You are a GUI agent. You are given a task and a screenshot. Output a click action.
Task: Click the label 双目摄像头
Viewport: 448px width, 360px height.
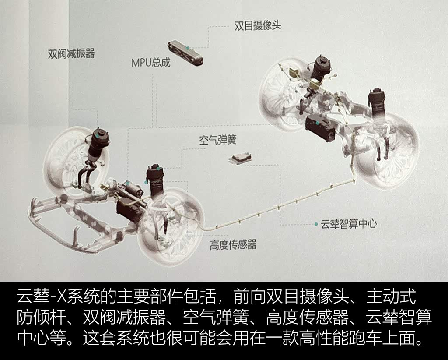[x=258, y=25]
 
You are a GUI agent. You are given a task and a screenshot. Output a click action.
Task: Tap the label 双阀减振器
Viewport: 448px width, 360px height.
[x=71, y=53]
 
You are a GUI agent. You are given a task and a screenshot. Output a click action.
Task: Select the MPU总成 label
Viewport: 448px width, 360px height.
[x=151, y=62]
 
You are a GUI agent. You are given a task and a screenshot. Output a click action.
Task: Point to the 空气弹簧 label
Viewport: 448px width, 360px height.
[x=218, y=140]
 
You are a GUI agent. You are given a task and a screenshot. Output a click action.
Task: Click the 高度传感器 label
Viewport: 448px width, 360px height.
[x=233, y=244]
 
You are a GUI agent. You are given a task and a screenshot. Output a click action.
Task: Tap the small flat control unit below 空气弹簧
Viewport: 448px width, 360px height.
[x=240, y=159]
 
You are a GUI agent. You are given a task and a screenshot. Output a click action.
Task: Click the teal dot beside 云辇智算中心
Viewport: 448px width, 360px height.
[x=316, y=224]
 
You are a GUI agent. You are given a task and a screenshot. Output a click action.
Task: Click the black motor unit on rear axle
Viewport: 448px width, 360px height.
[x=320, y=128]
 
